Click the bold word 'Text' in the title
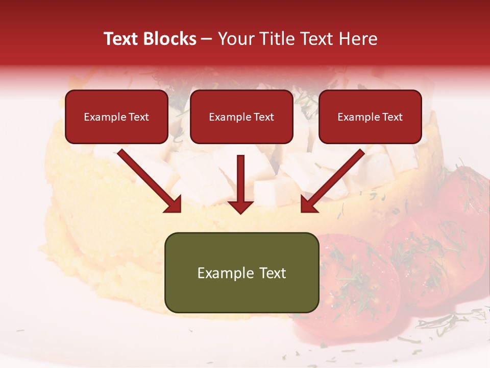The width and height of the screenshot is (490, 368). (121, 39)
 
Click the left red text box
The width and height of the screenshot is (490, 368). (116, 117)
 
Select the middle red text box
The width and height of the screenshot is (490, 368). (241, 117)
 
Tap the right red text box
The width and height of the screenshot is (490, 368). (370, 117)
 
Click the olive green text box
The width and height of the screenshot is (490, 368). (241, 272)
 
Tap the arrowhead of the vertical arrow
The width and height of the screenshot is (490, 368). (241, 206)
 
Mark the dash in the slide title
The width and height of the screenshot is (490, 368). (207, 39)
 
